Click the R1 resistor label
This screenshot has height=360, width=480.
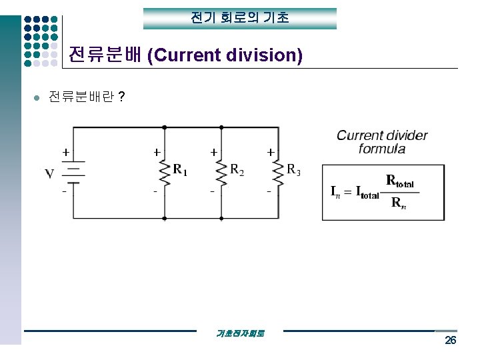[180, 170]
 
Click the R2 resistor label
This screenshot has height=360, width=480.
[237, 170]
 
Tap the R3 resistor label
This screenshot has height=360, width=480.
[293, 170]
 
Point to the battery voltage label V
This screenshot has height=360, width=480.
[49, 175]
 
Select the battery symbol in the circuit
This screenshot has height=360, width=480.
[73, 172]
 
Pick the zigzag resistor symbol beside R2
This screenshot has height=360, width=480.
[221, 172]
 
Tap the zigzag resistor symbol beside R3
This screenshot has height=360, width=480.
[277, 172]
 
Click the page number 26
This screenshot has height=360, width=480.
[451, 341]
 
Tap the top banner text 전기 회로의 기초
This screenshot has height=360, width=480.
[240, 18]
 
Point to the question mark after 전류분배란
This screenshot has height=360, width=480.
[121, 97]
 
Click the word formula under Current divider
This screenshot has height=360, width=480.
[381, 149]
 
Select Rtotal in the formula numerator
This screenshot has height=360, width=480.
[400, 181]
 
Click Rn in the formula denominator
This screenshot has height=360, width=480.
[399, 203]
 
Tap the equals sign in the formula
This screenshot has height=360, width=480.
[348, 192]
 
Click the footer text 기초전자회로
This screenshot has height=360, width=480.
[240, 333]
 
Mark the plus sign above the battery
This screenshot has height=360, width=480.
[65, 152]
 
